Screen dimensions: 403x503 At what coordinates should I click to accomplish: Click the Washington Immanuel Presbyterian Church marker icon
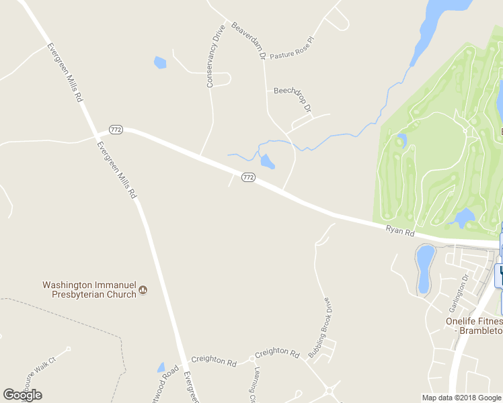coord(143,292)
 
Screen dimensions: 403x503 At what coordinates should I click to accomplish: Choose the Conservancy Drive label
coord(214,56)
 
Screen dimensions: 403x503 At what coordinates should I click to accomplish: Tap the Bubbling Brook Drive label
coord(319,327)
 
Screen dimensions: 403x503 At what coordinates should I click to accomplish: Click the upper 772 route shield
coord(116,129)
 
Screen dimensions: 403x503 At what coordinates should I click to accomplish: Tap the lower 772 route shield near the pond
coord(248,177)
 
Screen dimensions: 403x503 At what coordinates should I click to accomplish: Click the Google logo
coord(22,395)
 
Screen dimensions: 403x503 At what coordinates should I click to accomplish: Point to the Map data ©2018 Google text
coord(461,398)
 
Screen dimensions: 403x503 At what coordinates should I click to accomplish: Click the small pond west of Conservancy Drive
coord(160,63)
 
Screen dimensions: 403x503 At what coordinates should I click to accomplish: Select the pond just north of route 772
coord(267,161)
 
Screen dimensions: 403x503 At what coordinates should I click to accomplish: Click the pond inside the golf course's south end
coord(463,218)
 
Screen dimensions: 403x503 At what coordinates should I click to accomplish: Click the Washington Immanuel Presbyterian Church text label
coord(89,289)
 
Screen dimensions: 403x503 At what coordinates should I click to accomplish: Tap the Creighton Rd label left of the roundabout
coord(213,361)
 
